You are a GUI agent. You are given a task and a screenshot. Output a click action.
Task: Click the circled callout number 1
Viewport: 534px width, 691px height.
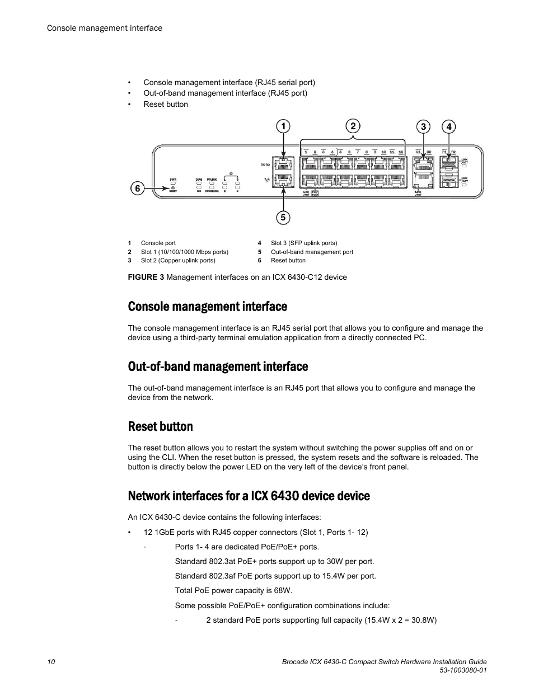click(283, 127)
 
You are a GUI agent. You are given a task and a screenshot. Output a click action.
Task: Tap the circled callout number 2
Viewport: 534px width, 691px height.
click(353, 126)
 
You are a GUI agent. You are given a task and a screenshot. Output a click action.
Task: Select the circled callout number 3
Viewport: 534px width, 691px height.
click(423, 127)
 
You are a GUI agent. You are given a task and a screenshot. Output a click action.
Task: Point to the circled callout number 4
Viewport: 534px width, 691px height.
click(448, 127)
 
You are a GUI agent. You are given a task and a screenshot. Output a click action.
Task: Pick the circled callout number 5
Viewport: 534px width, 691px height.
click(283, 217)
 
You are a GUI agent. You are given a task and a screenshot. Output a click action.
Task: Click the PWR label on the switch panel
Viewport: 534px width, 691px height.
click(174, 180)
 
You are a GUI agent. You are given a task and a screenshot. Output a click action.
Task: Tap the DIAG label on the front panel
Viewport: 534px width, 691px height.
click(199, 180)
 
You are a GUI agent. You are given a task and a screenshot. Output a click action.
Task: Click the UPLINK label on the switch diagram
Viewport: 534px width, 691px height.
click(212, 180)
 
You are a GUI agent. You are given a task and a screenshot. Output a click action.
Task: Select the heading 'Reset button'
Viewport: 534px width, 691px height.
click(160, 426)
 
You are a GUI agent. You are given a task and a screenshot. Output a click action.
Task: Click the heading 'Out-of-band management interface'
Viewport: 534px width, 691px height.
click(218, 366)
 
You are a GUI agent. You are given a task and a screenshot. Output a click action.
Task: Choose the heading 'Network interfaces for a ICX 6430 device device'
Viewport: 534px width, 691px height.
click(249, 496)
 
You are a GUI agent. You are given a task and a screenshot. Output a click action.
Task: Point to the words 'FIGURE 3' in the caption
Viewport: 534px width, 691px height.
click(146, 277)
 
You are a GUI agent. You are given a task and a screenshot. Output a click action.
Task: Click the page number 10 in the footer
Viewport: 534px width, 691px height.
click(51, 662)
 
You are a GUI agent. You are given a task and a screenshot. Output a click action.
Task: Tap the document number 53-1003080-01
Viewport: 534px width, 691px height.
click(458, 671)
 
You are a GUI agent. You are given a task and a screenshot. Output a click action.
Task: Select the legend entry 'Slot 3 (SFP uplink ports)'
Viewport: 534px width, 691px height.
click(304, 243)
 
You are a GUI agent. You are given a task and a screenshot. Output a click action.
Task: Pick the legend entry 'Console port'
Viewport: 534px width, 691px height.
click(158, 243)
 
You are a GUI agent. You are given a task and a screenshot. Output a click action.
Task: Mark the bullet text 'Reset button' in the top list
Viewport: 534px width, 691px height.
click(166, 104)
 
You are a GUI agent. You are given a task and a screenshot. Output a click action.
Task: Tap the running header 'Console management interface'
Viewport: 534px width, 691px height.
click(105, 28)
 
